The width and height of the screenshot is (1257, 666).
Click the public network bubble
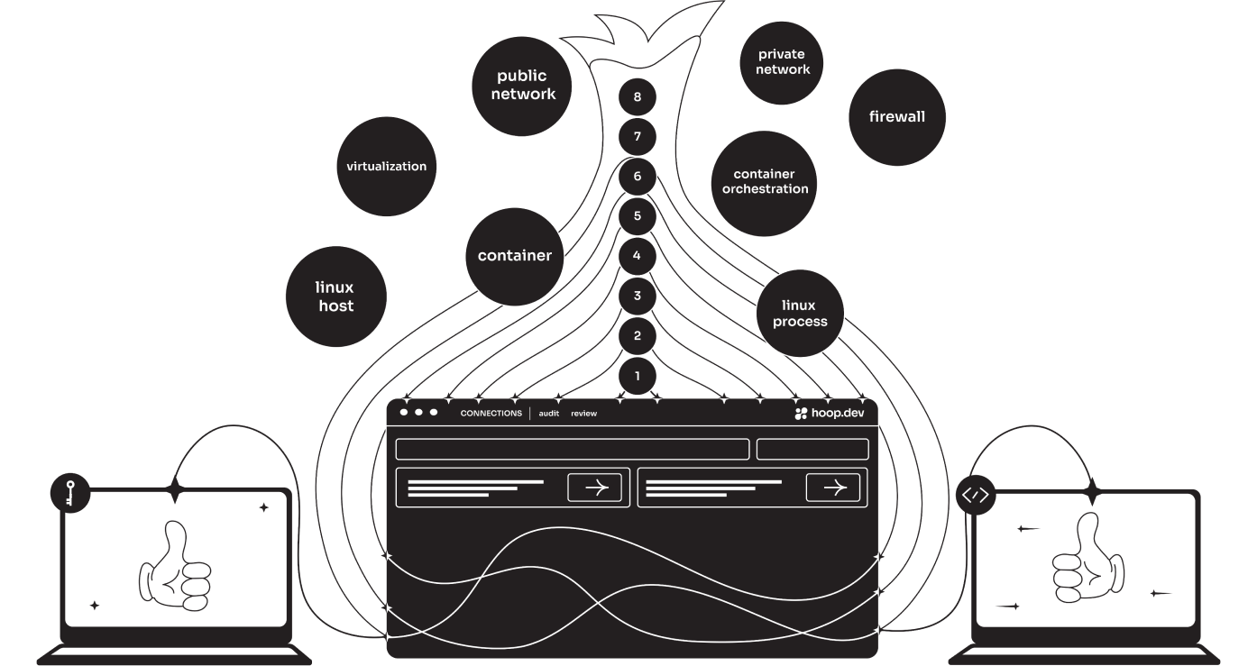coord(521,86)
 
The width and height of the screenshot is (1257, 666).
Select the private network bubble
coord(782,62)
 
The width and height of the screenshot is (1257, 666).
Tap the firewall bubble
coord(896,117)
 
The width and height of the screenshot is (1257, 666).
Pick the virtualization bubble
coord(386,167)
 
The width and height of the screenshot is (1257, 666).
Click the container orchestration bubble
coord(765,182)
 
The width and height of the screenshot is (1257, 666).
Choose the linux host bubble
coord(335,297)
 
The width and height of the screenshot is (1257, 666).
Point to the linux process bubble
coord(799,313)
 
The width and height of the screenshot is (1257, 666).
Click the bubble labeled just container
coord(514,256)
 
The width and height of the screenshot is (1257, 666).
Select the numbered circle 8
coord(638,97)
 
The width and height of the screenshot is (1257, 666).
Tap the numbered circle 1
coord(638,376)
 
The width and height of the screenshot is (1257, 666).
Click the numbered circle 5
coord(638,216)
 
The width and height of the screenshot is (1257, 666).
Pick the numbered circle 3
coord(638,296)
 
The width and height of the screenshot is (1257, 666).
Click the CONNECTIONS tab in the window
coord(491,414)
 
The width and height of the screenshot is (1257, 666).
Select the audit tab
coord(548,414)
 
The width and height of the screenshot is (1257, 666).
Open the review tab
coord(583,414)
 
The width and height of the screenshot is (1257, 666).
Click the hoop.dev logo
coord(829,413)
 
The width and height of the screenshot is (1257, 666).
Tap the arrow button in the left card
coord(595,488)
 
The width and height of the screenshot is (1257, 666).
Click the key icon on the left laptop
coord(70,493)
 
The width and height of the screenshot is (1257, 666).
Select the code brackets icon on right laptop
coord(976,495)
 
